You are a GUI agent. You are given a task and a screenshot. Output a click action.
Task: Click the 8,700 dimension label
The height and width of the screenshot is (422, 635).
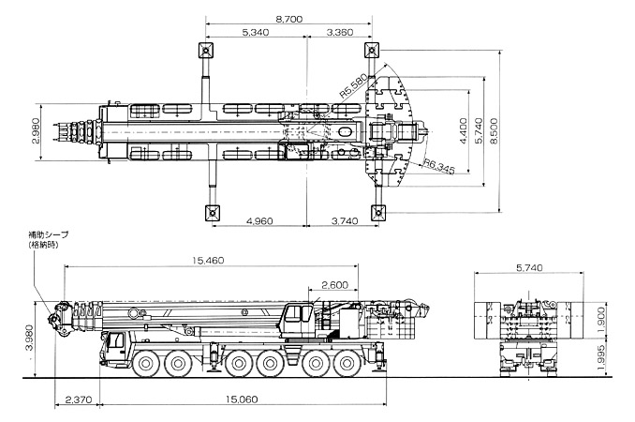pyautogui.click(x=289, y=19)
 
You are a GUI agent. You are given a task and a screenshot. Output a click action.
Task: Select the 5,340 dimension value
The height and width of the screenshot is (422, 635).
pyautogui.click(x=256, y=32)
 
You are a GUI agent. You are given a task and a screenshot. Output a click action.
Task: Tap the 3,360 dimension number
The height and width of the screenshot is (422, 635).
pyautogui.click(x=340, y=32)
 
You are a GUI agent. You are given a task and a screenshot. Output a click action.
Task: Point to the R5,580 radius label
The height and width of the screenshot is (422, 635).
pyautogui.click(x=353, y=86)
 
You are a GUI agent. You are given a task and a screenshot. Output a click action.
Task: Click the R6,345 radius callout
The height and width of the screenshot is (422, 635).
pyautogui.click(x=439, y=166)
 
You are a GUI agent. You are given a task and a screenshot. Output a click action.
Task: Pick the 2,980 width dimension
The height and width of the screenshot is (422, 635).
pyautogui.click(x=36, y=130)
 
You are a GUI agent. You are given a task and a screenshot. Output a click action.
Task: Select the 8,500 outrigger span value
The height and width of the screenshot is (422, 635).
pyautogui.click(x=494, y=130)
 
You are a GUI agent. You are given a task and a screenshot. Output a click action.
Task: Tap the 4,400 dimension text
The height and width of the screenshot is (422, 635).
pyautogui.click(x=465, y=130)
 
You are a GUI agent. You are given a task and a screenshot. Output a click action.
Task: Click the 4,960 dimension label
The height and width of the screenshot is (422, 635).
pyautogui.click(x=259, y=221)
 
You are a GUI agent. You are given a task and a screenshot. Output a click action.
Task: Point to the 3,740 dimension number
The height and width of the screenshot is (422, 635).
pyautogui.click(x=345, y=221)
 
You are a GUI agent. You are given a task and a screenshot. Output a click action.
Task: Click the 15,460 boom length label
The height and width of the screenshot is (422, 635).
pyautogui.click(x=208, y=261)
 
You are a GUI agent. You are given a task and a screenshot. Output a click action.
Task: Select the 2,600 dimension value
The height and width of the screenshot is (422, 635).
pyautogui.click(x=335, y=285)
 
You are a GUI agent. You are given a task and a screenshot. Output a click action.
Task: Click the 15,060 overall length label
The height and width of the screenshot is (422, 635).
pyautogui.click(x=242, y=399)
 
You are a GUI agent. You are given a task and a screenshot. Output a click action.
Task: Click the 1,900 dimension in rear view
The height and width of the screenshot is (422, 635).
pyautogui.click(x=601, y=321)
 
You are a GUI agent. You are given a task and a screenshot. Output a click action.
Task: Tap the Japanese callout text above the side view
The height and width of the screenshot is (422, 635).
pyautogui.click(x=48, y=239)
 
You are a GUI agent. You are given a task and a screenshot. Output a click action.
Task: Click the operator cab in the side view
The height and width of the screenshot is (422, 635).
pyautogui.click(x=297, y=318)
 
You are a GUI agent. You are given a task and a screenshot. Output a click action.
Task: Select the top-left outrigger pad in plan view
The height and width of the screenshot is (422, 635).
pyautogui.click(x=206, y=51)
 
